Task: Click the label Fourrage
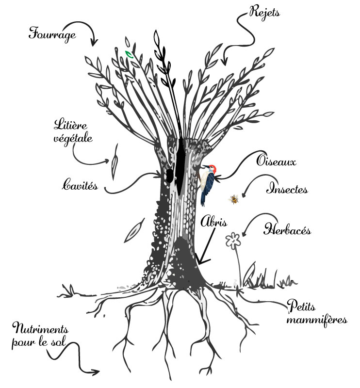pyautogui.click(x=52, y=34)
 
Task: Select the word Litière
pyautogui.click(x=70, y=125)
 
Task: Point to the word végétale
pyautogui.click(x=73, y=139)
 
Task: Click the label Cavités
pyautogui.click(x=80, y=185)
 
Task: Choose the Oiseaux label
pyautogui.click(x=277, y=161)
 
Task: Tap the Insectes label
pyautogui.click(x=287, y=189)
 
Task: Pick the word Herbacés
pyautogui.click(x=287, y=229)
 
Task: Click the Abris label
pyautogui.click(x=213, y=222)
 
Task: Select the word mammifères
pyautogui.click(x=317, y=320)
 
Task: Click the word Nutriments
pyautogui.click(x=40, y=329)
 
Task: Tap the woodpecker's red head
pyautogui.click(x=213, y=168)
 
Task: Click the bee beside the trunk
pyautogui.click(x=234, y=199)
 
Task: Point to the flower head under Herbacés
pyautogui.click(x=233, y=241)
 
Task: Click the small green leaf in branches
pyautogui.click(x=129, y=54)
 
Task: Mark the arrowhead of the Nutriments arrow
pyautogui.click(x=96, y=372)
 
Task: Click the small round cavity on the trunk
pyautogui.click(x=169, y=176)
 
